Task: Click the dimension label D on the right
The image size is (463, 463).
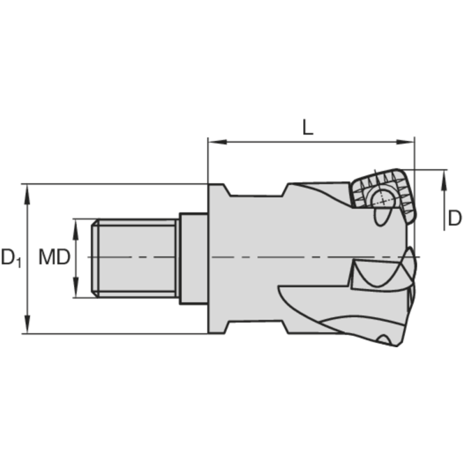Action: pos(455,218)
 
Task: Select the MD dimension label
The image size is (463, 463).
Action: pos(54,256)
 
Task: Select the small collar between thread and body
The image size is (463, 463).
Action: pos(193,258)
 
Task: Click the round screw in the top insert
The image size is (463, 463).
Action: pos(383,198)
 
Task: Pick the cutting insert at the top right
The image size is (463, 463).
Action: pos(383,197)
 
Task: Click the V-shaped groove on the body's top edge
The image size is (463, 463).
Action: pos(255,190)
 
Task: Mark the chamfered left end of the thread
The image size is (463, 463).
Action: pos(95,258)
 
